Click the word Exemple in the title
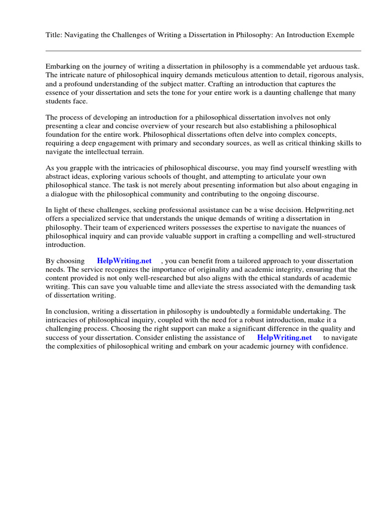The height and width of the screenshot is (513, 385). coord(340,35)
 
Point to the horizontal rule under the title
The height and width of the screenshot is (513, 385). coord(203,51)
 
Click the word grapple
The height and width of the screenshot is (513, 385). coord(82,168)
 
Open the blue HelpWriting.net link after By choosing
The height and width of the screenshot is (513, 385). coord(124,261)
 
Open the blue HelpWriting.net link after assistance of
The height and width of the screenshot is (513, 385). coord(284,338)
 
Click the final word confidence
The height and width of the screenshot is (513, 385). coord(329,346)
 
